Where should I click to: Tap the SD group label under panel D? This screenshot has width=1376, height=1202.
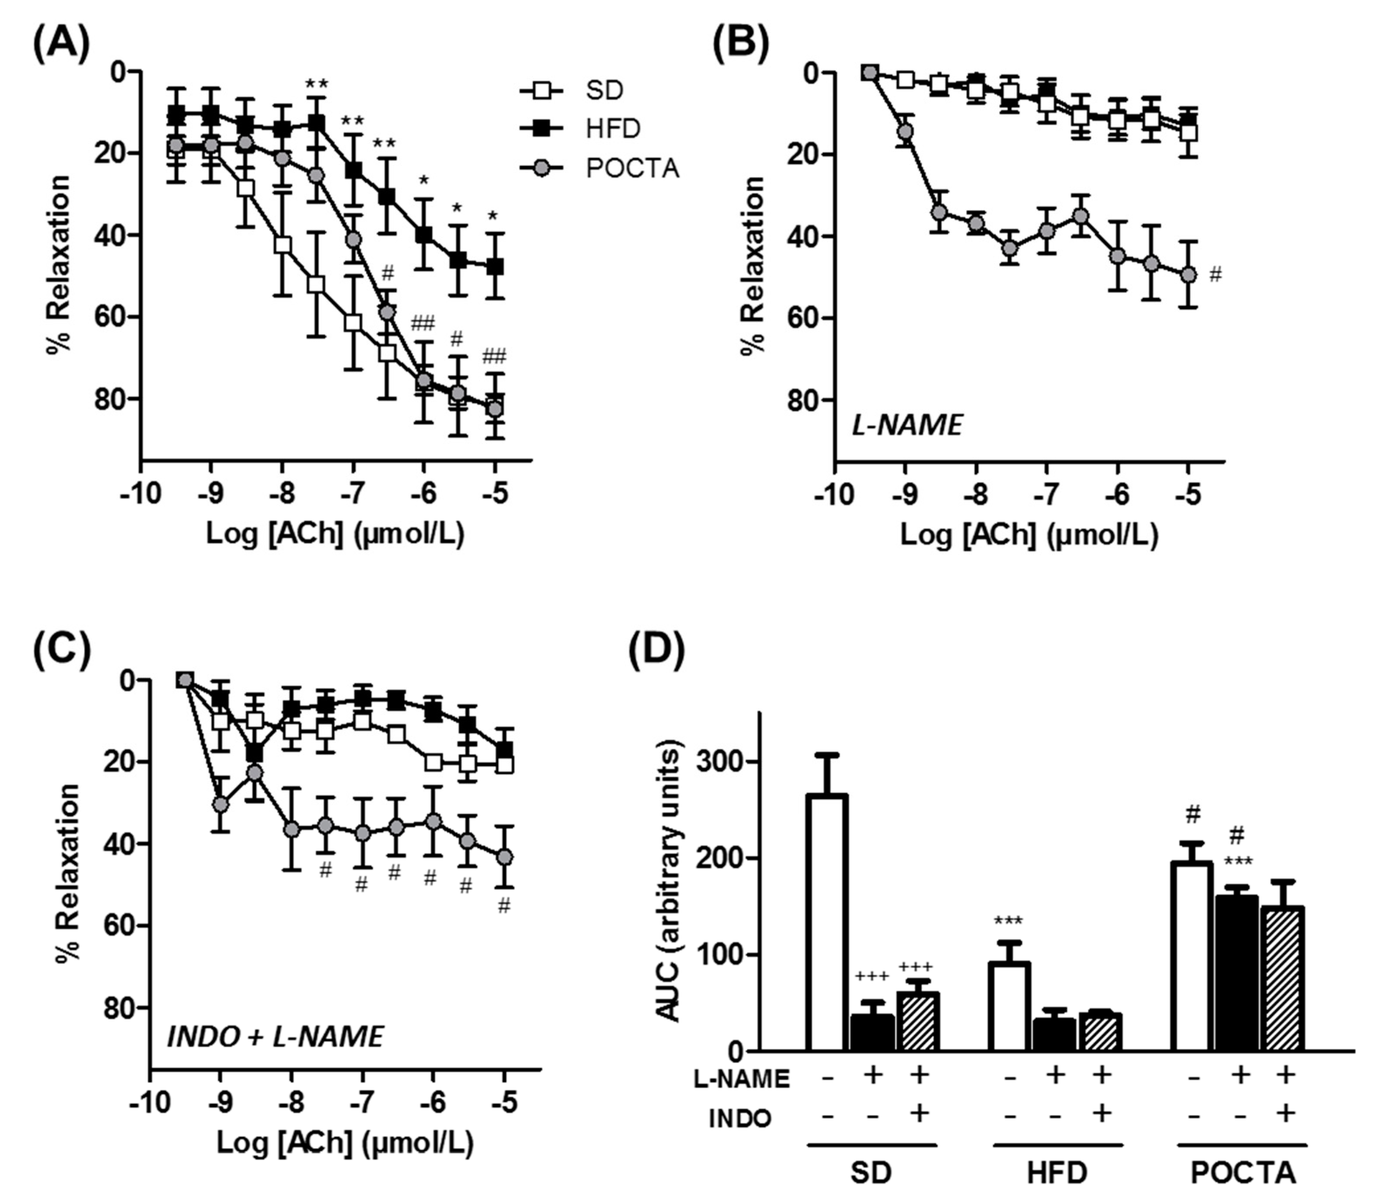click(x=871, y=1172)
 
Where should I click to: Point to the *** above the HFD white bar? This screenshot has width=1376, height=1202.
click(x=1009, y=922)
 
